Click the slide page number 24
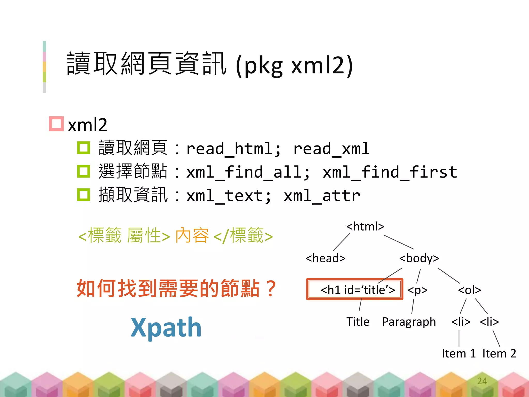click(482, 381)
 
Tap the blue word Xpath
click(166, 328)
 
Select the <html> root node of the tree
click(365, 226)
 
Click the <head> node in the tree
click(325, 258)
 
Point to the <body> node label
click(419, 258)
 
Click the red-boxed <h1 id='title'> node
click(355, 289)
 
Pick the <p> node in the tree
click(417, 290)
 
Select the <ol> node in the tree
click(469, 290)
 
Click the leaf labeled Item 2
click(499, 353)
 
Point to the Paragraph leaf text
click(409, 322)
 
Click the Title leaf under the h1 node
click(358, 322)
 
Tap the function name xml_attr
click(322, 196)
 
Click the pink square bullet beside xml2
click(56, 124)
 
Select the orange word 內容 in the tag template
click(192, 235)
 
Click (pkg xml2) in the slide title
click(294, 65)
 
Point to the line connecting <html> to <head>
click(341, 242)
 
